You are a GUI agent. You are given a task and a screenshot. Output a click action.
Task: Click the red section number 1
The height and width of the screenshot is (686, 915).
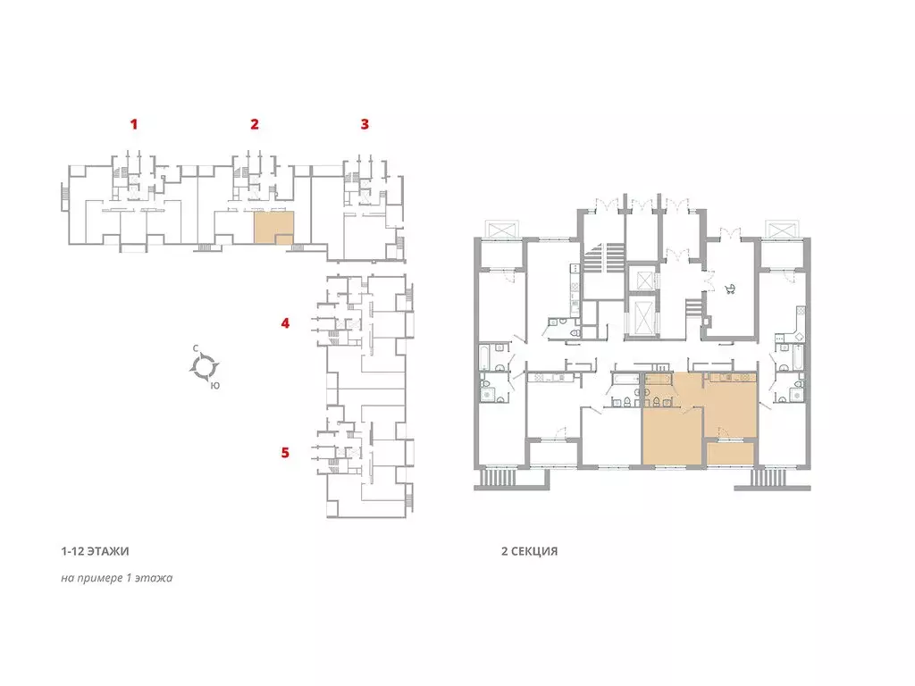click(134, 123)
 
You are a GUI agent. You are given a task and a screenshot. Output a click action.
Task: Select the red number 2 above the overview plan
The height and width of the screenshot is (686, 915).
click(255, 123)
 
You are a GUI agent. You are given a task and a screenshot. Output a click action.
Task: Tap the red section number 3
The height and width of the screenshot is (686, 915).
click(365, 123)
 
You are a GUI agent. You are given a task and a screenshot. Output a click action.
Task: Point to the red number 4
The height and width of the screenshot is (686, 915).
click(285, 322)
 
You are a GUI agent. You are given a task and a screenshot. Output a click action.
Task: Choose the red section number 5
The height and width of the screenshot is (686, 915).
click(285, 452)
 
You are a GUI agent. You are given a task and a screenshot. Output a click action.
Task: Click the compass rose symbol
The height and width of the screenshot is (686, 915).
click(205, 367)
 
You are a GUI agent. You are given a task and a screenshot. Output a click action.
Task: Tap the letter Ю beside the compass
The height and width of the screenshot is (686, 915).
click(215, 386)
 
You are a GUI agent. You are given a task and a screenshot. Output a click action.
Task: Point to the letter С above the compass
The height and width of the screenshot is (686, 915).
click(196, 348)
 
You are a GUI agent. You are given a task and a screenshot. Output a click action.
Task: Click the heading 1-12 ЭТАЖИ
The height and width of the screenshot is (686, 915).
click(95, 550)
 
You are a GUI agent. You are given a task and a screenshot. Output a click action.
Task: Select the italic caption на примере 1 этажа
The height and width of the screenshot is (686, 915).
click(117, 578)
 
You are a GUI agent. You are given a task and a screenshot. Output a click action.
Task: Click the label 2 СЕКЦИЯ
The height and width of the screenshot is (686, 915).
click(529, 550)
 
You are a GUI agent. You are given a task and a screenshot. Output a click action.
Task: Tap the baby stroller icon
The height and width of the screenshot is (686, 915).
click(730, 289)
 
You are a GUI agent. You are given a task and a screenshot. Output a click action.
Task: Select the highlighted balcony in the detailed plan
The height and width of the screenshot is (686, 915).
click(730, 454)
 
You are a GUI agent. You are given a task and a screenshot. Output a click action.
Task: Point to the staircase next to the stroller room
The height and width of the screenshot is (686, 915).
click(693, 307)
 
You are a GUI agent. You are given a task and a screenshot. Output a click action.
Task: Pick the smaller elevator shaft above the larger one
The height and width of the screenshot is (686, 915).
click(645, 280)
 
